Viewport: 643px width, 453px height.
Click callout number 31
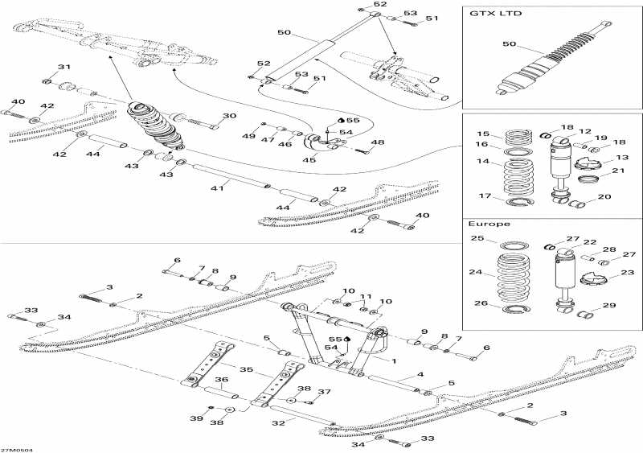63,67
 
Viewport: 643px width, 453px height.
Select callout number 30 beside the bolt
229,117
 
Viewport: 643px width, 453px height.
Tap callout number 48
378,142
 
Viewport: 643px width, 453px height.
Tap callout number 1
394,361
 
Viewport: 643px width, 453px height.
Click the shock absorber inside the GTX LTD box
547,60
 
